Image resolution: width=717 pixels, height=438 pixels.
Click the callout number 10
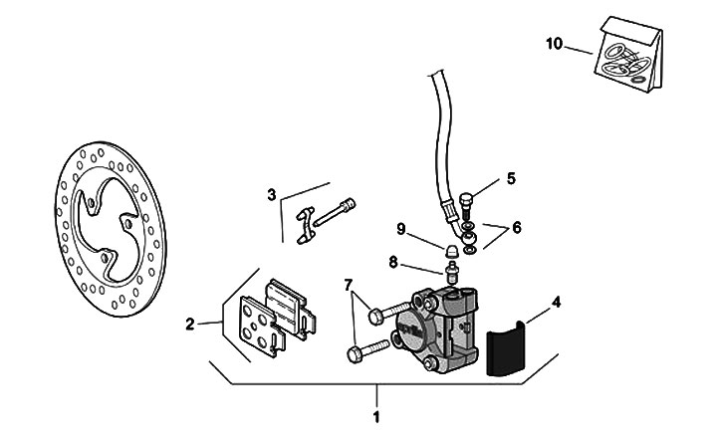tap(554, 44)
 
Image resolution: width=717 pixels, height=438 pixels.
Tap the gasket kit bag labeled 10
tap(628, 55)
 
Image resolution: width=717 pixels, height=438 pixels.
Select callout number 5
tap(511, 178)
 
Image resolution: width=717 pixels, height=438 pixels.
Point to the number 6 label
tap(517, 227)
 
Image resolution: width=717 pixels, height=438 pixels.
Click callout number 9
tap(401, 229)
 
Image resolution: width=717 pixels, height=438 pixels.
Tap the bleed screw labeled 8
tap(452, 272)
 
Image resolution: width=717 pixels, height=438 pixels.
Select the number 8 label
tap(393, 263)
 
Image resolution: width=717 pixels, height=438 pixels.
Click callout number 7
tap(349, 286)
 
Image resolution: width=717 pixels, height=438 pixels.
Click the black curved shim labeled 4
tap(505, 348)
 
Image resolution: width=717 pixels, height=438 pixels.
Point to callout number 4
tap(556, 303)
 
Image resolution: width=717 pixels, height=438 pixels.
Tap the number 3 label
tap(272, 195)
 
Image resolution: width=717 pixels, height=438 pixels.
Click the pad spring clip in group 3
tap(306, 225)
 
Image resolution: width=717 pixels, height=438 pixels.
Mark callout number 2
tap(190, 325)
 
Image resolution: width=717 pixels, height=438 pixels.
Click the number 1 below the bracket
tap(376, 417)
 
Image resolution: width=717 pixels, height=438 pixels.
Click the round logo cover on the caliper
tap(409, 326)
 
